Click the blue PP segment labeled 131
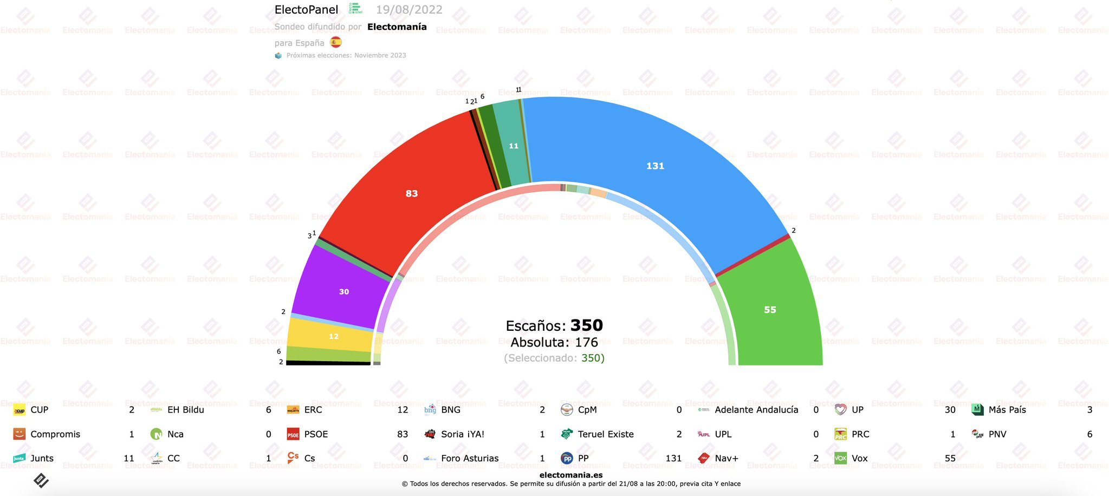(x=655, y=166)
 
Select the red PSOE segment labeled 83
(x=411, y=193)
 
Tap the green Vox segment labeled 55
(x=770, y=310)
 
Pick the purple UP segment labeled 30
(x=343, y=292)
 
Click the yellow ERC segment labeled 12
(x=333, y=336)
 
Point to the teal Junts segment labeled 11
(x=513, y=146)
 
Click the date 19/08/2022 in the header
(x=409, y=10)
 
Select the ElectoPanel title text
(x=306, y=10)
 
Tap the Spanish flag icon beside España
(x=336, y=42)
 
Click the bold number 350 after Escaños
(x=586, y=325)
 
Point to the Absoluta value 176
(x=586, y=342)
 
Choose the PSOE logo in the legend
(x=293, y=434)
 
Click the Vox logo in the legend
(x=840, y=458)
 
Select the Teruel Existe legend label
(x=606, y=434)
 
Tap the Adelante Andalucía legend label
(x=756, y=410)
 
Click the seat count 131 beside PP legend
(x=673, y=458)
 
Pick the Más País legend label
(x=1007, y=410)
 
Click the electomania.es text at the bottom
(x=571, y=475)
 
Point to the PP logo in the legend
(x=567, y=458)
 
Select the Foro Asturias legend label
(x=470, y=458)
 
